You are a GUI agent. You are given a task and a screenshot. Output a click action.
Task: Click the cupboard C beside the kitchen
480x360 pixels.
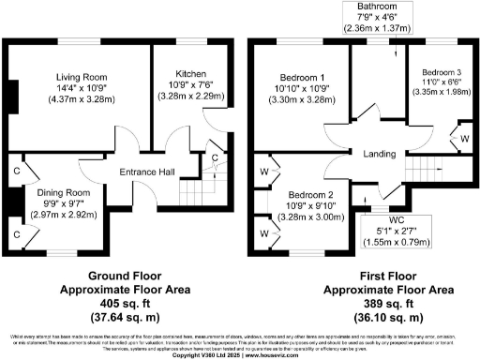(x=215, y=157)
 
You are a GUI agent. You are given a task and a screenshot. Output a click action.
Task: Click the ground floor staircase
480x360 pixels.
(x=191, y=193)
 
